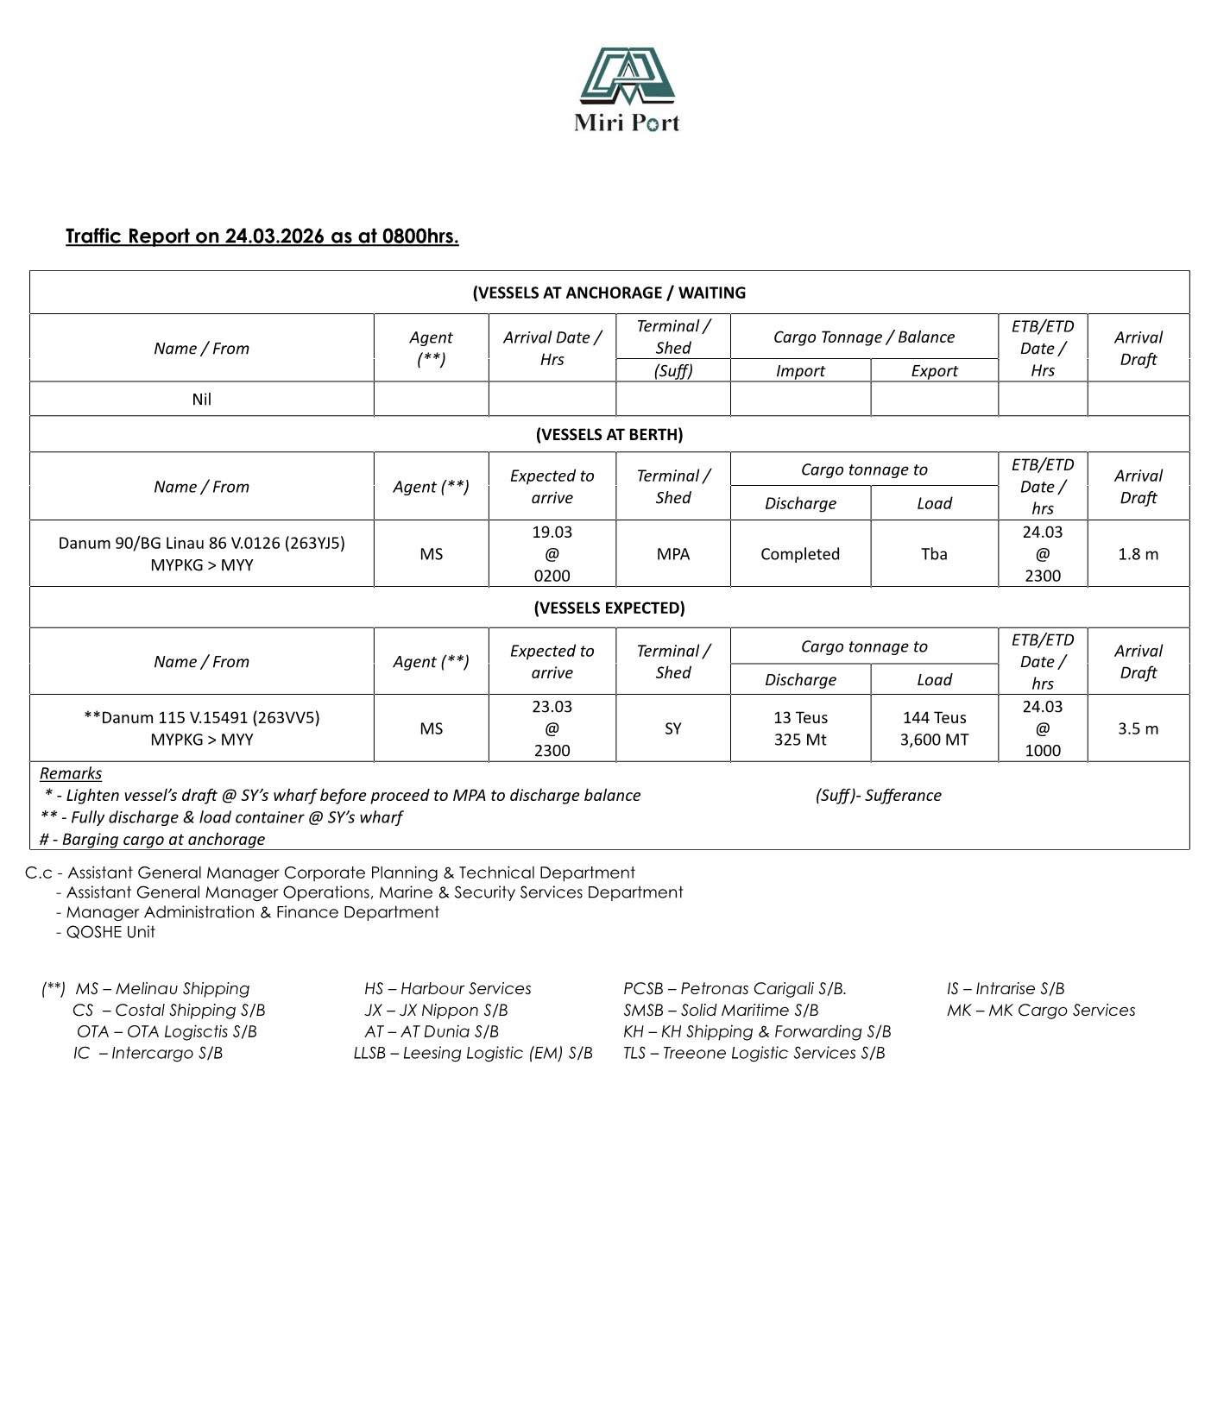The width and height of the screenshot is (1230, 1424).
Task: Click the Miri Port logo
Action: point(627,90)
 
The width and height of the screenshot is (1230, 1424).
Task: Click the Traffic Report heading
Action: point(262,236)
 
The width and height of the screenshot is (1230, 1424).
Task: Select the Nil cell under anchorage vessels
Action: point(202,400)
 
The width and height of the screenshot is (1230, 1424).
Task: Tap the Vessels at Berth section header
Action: point(609,434)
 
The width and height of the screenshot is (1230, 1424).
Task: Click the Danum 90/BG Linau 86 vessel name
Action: point(202,543)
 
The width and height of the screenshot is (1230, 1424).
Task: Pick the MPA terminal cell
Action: point(672,554)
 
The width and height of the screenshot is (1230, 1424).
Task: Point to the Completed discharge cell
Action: point(799,554)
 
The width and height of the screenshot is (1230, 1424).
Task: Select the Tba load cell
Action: point(934,554)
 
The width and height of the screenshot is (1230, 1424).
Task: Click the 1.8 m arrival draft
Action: point(1138,554)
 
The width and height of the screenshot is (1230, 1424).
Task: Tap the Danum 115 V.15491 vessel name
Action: point(202,718)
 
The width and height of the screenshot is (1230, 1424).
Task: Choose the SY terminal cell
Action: point(672,728)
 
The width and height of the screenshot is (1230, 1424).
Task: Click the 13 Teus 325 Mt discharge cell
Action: point(799,728)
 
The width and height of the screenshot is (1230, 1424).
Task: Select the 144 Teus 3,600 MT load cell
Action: point(934,728)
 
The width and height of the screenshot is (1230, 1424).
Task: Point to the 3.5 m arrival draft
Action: point(1138,728)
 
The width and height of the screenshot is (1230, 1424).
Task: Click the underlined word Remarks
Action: point(71,773)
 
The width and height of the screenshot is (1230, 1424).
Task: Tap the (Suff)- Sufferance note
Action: point(878,796)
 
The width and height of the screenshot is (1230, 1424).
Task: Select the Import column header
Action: point(799,371)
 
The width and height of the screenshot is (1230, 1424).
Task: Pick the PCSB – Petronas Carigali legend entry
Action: point(735,989)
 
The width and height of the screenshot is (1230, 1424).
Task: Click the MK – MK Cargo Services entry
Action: point(1040,1011)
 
